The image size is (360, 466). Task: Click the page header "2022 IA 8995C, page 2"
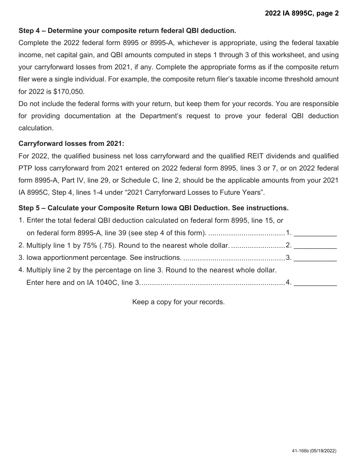tap(302, 13)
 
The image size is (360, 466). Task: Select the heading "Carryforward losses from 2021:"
tap(71, 144)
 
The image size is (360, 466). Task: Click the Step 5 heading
tap(153, 208)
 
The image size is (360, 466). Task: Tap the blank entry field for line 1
tap(315, 233)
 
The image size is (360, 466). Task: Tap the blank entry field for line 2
tap(315, 246)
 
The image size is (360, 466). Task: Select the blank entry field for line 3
tap(315, 258)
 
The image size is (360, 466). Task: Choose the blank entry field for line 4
tap(315, 283)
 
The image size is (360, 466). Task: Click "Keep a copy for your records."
tap(178, 302)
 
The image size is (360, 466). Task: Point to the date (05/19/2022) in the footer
tap(323, 451)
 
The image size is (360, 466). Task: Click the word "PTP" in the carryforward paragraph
tap(25, 168)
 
